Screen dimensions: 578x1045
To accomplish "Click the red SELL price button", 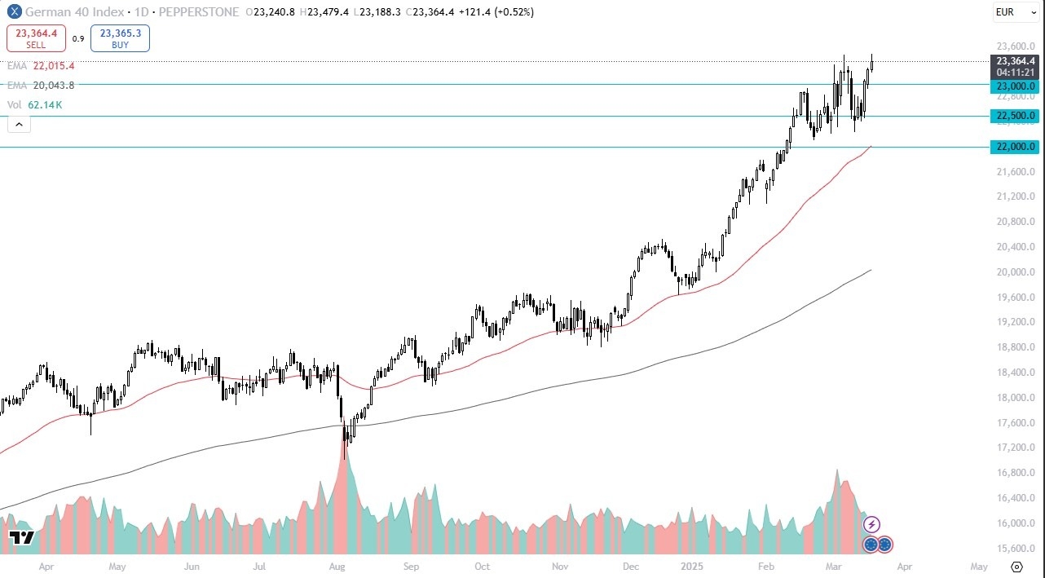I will click(36, 38).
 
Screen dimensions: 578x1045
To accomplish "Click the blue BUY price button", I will click(120, 38).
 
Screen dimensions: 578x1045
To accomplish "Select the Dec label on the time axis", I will click(631, 566).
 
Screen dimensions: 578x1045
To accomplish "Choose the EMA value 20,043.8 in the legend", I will click(53, 85).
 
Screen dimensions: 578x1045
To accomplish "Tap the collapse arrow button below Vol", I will click(19, 124).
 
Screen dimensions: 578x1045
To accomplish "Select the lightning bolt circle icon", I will click(871, 524).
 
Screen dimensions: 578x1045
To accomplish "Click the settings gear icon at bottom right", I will click(1016, 567).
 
